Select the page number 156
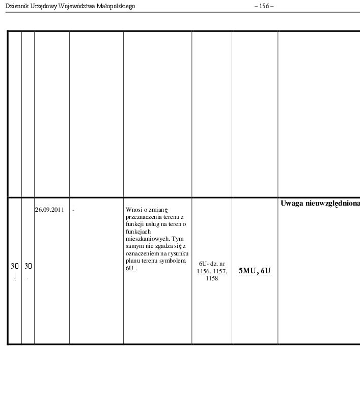[264, 6]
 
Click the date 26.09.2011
[49, 210]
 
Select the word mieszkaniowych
[148, 239]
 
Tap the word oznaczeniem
[143, 253]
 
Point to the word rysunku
[178, 253]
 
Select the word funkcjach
[138, 232]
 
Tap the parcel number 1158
[212, 278]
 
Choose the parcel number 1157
[219, 271]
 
